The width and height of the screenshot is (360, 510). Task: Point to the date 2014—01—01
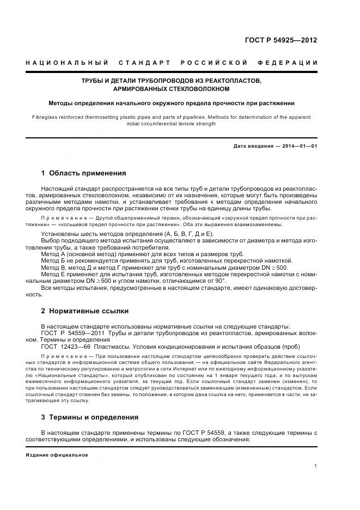(297, 146)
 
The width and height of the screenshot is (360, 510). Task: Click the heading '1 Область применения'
(83, 173)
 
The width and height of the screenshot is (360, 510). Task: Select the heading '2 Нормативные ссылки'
(85, 311)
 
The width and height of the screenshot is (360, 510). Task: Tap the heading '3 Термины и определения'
(90, 417)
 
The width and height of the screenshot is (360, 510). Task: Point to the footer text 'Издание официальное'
(57, 454)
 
